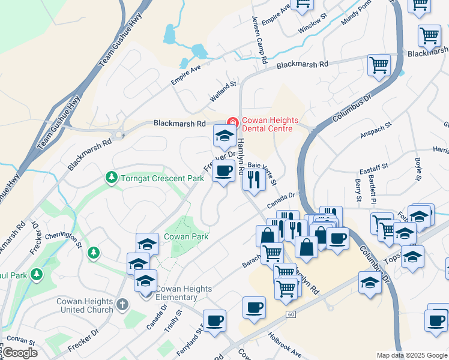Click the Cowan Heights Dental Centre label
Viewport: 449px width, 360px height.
[x=267, y=124]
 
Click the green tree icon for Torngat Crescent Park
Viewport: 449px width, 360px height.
[x=111, y=178]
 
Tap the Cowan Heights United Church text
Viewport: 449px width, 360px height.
[x=85, y=305]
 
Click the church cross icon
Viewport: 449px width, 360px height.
[x=122, y=305]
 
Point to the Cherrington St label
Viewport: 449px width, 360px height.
[x=62, y=240]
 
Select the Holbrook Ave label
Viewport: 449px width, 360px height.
[x=285, y=346]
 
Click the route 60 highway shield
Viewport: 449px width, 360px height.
[x=291, y=314]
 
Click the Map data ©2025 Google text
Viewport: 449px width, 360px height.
[x=412, y=355]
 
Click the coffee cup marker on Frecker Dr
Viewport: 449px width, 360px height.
[x=223, y=172]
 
